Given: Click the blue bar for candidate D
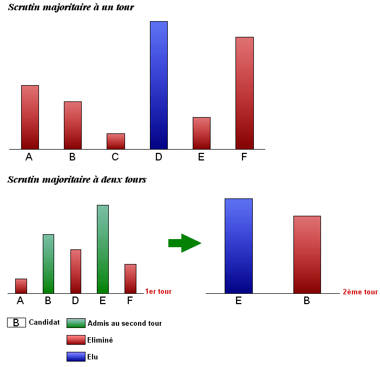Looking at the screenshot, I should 159,85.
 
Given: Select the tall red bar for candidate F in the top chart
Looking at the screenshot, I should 245,93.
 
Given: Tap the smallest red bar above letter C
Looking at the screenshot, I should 116,141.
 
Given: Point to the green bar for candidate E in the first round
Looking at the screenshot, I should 103,249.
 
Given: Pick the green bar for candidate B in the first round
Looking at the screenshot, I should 48,263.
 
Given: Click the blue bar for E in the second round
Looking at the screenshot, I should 239,246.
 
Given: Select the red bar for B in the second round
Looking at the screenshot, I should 307,254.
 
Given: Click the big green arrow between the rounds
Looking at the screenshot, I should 185,243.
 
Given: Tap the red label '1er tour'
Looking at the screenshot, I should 158,292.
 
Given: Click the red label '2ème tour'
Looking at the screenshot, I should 360,292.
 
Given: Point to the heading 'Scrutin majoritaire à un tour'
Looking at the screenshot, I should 71,8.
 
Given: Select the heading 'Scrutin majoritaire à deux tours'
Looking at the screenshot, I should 77,179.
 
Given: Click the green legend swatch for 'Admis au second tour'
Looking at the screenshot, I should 76,323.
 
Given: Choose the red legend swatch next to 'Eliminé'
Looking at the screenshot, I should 76,340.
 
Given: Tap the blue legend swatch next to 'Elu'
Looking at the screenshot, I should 76,357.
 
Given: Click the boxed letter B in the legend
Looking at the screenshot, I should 16,323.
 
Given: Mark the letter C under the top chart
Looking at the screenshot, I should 115,157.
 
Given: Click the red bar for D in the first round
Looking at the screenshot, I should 75,271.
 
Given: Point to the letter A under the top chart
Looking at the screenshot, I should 29,157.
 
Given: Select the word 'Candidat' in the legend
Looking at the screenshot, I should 44,322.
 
